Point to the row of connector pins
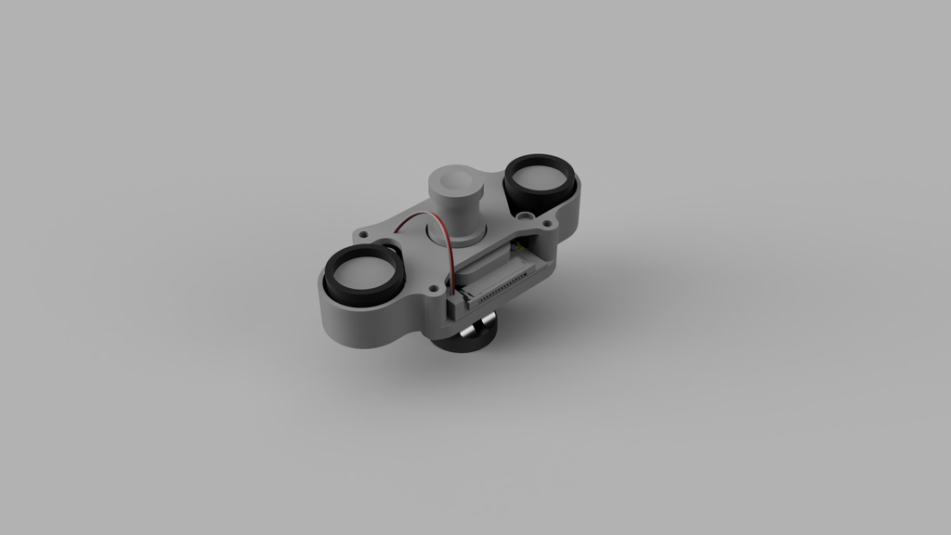(x=502, y=289)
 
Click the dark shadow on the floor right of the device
(x=613, y=307)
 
